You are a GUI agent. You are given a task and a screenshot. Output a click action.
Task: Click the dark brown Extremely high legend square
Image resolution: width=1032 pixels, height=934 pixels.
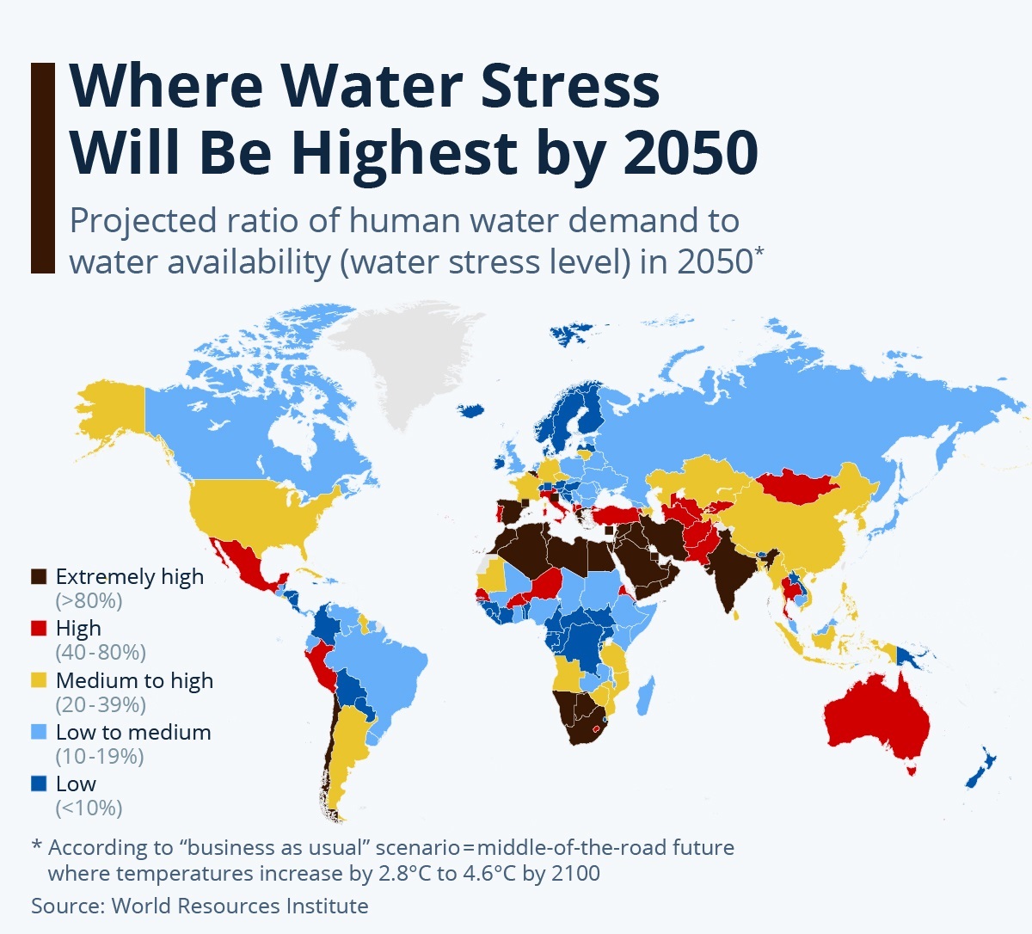click(39, 577)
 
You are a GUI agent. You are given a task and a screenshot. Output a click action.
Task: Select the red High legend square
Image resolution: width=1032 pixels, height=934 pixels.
click(39, 629)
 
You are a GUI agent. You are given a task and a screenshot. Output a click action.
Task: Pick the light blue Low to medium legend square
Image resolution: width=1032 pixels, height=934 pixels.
click(39, 733)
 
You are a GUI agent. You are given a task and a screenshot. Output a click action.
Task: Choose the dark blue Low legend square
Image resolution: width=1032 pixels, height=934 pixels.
click(39, 784)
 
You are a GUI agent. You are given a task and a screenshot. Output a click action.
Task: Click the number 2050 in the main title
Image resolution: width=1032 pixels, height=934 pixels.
click(690, 152)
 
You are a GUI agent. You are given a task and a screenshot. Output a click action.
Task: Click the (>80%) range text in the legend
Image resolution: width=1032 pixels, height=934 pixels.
click(89, 601)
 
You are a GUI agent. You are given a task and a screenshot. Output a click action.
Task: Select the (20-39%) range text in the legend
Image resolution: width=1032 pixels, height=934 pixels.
click(101, 705)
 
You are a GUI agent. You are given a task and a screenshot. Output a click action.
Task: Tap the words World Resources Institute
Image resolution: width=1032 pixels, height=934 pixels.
click(240, 906)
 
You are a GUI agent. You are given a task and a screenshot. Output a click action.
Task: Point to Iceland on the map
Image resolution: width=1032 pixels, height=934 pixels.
click(472, 411)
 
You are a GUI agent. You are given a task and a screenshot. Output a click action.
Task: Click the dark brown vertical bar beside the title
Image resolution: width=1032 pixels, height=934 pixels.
click(43, 168)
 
